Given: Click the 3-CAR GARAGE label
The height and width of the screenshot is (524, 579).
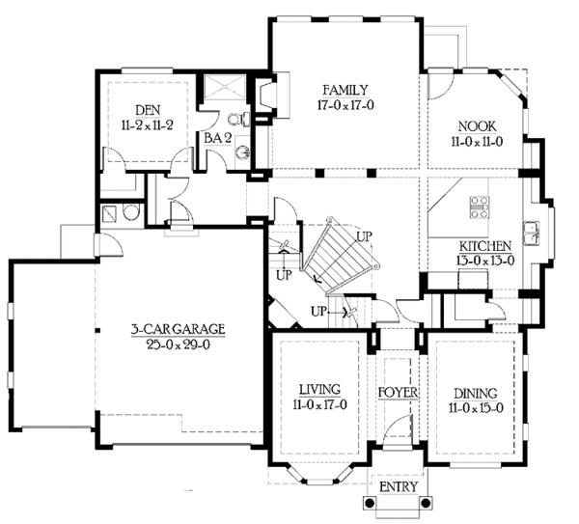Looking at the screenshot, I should pos(179,329).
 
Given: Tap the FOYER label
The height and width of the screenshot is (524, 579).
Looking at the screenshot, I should pos(397,393).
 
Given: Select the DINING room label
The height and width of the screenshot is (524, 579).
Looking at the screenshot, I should pos(473,393).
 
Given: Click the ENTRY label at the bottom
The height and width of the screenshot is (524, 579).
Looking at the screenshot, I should pos(397,486).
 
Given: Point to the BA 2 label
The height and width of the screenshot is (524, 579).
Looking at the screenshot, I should pos(215,138).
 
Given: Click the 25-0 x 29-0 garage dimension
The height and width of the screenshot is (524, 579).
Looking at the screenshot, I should pos(179,344).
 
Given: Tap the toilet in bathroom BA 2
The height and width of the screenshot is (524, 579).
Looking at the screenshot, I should pos(245,121).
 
